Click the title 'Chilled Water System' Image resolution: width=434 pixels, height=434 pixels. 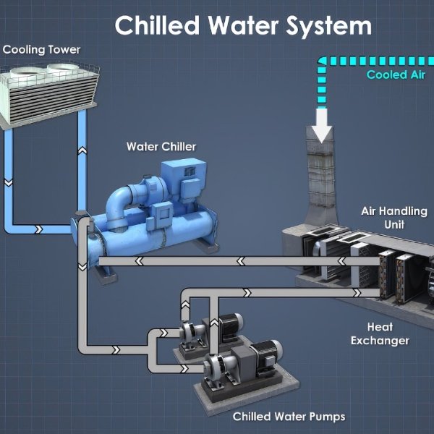(243, 26)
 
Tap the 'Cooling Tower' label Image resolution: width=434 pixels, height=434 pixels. (42, 50)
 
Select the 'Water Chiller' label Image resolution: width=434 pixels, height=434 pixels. (161, 147)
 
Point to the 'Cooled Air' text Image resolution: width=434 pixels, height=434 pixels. (396, 75)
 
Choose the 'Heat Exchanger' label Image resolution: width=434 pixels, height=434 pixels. (380, 333)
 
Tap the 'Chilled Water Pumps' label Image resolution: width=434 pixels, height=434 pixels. (289, 417)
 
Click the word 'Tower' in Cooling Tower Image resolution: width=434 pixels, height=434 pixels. (64, 50)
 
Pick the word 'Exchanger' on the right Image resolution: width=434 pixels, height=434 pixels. (380, 340)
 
